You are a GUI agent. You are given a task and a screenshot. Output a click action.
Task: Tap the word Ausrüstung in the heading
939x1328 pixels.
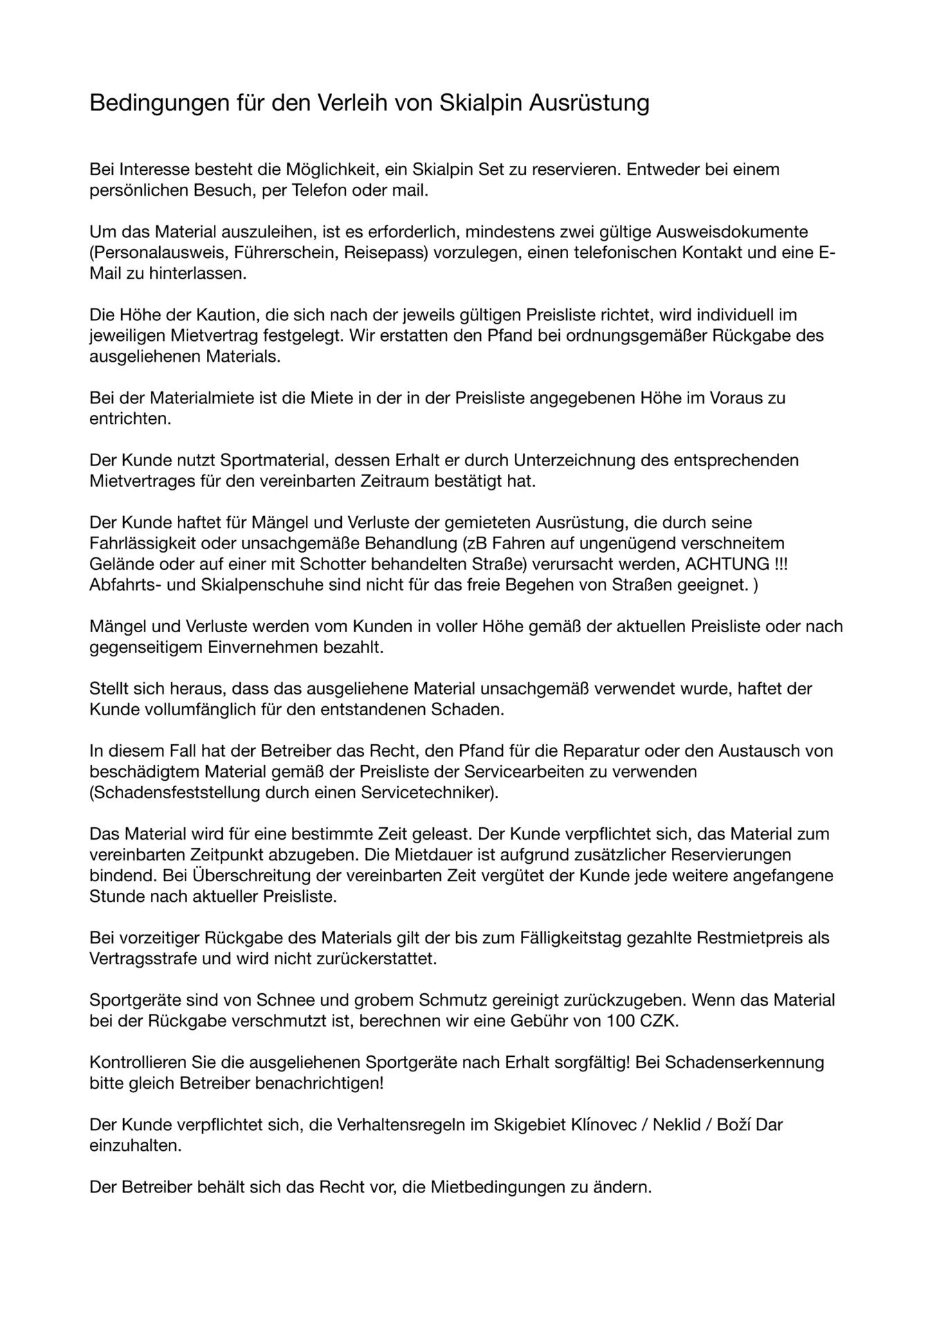point(590,103)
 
